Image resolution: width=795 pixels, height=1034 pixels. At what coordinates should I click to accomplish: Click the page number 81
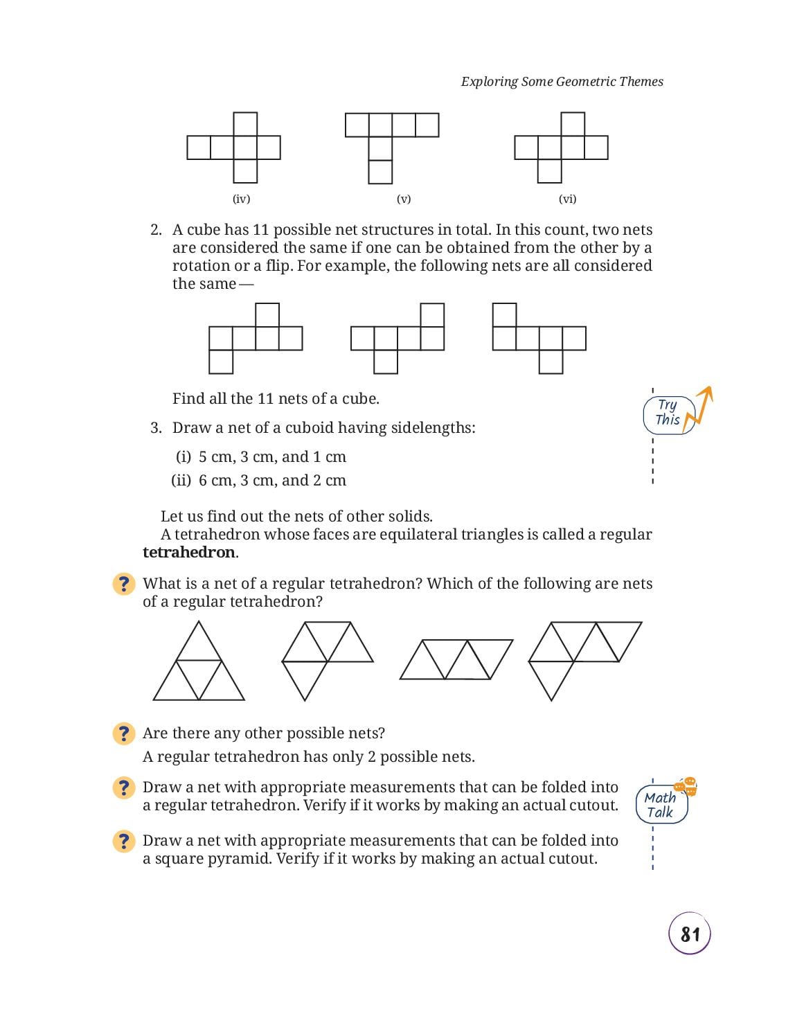tap(689, 934)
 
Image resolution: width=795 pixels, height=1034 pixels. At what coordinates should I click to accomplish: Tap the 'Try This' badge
tap(668, 413)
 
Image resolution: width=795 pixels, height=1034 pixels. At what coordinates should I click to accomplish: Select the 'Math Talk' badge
tap(661, 805)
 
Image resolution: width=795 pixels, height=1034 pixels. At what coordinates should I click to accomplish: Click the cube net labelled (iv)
tap(233, 148)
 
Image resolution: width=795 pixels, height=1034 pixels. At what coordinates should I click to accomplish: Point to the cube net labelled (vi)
tap(561, 148)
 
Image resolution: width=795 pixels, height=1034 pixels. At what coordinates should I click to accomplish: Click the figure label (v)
tap(404, 199)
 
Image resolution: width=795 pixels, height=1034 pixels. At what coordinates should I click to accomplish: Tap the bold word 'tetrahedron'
tap(189, 553)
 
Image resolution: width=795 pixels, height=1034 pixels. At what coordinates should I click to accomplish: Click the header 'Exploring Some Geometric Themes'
tap(562, 81)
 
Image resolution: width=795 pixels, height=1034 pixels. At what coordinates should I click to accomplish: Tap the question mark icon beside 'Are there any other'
tap(124, 733)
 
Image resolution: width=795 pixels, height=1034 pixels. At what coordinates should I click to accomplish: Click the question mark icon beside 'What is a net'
tap(124, 584)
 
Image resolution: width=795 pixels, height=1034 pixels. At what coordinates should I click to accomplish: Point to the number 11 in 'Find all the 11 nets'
tap(265, 398)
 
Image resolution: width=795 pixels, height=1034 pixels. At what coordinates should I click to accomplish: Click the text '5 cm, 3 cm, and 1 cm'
tap(272, 457)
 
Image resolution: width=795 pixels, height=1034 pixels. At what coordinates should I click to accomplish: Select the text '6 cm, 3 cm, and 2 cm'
tap(272, 480)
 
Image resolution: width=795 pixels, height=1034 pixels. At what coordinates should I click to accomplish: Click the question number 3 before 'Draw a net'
tap(156, 428)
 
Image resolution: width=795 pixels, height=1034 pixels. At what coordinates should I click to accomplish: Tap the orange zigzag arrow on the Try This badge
tap(699, 409)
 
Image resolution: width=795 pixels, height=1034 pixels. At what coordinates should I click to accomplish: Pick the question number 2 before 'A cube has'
tap(156, 230)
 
